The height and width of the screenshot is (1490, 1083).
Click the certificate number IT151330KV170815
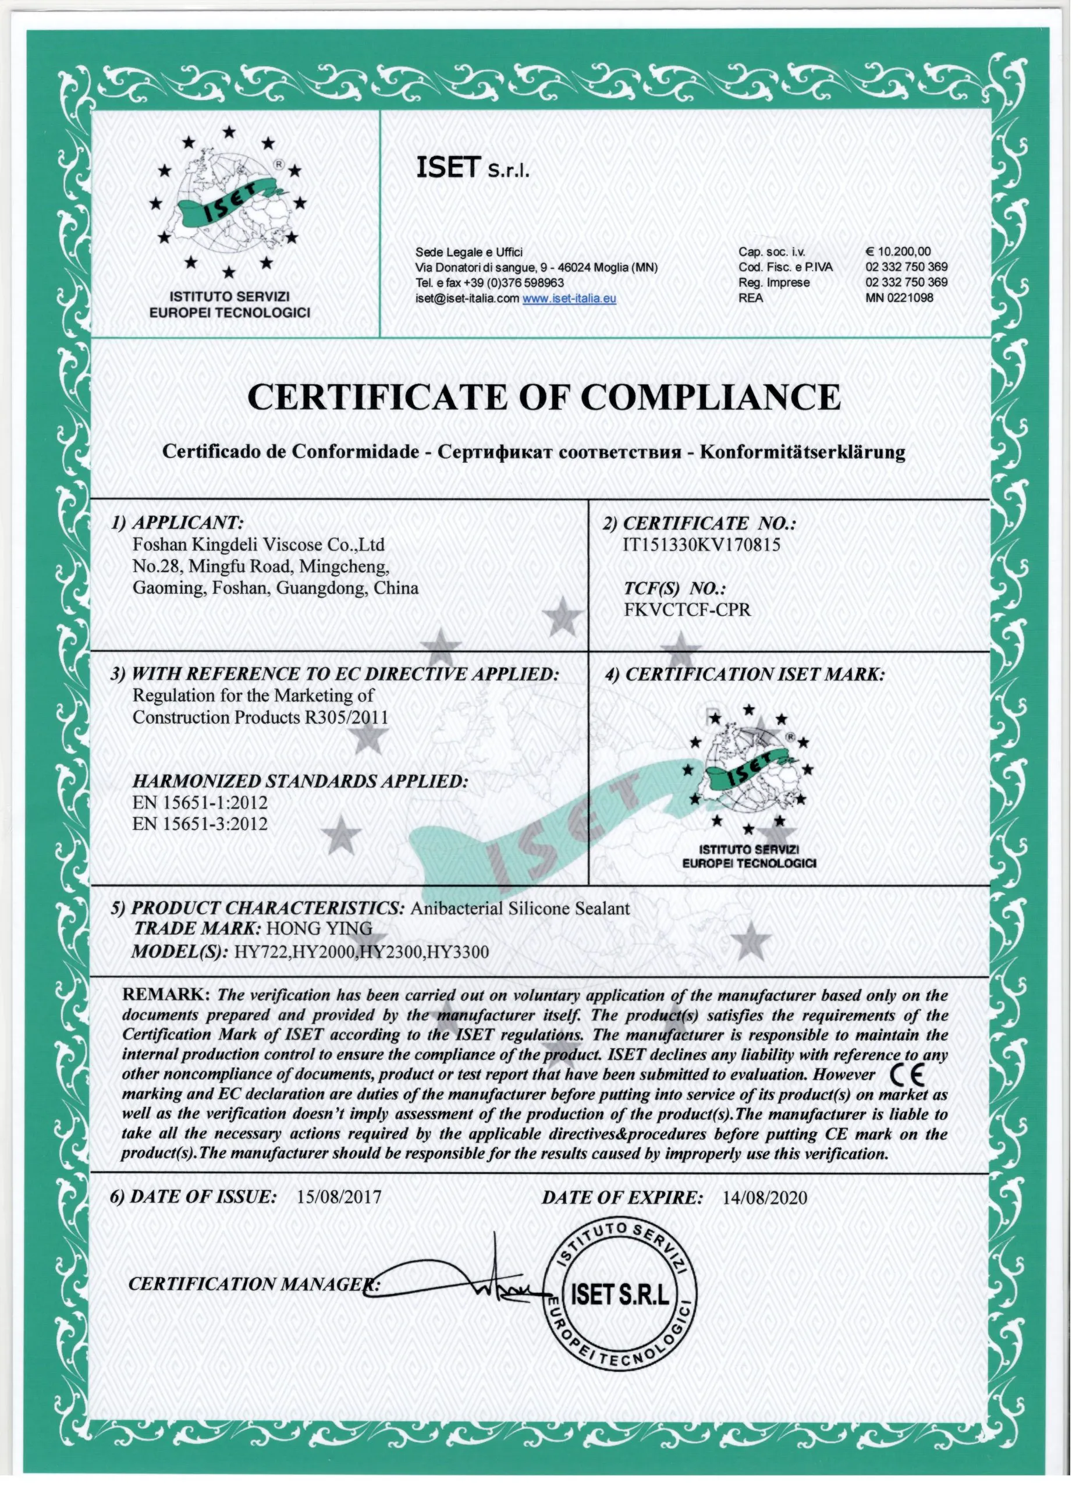(701, 545)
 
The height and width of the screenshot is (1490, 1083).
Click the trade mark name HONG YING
(318, 928)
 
